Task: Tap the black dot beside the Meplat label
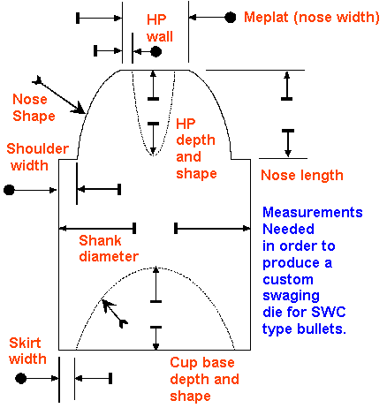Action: (231, 18)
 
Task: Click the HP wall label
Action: (160, 28)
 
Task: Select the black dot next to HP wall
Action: (156, 52)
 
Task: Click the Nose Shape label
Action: (34, 108)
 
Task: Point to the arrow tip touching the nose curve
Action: (85, 113)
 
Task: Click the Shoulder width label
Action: (38, 157)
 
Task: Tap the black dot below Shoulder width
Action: (9, 190)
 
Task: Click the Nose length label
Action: (302, 175)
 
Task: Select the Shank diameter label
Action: (109, 248)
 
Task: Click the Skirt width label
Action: (27, 351)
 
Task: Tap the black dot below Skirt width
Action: (20, 378)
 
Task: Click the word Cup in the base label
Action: (182, 363)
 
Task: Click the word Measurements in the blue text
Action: (313, 212)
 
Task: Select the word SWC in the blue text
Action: (329, 312)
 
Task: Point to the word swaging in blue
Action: (291, 296)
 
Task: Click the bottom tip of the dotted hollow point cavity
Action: (153, 155)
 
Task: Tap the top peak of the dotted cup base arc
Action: (156, 268)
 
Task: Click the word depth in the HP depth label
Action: (195, 140)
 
